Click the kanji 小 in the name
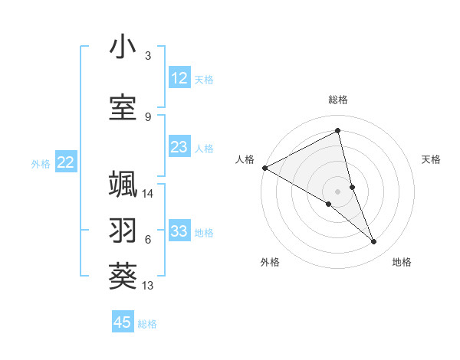click(123, 48)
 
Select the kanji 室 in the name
click(123, 107)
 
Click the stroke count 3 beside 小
click(147, 57)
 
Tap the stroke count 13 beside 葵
click(148, 286)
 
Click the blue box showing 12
click(179, 78)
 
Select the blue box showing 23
click(179, 147)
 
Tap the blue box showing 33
click(179, 231)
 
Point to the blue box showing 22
click(66, 162)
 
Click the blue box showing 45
click(123, 322)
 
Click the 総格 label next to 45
click(147, 324)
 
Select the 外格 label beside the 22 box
click(41, 163)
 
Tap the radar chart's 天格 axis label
click(431, 159)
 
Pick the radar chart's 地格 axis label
click(402, 262)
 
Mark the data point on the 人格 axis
click(264, 168)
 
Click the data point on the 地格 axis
click(374, 242)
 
